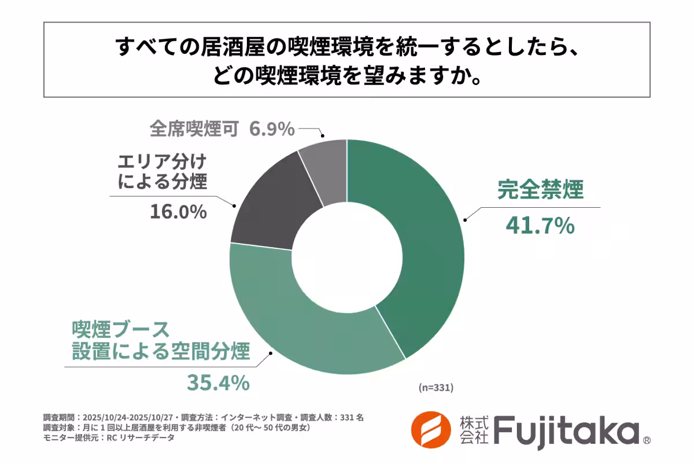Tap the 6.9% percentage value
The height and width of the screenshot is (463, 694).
pos(272,128)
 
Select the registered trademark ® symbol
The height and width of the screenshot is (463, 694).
pos(647,441)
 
